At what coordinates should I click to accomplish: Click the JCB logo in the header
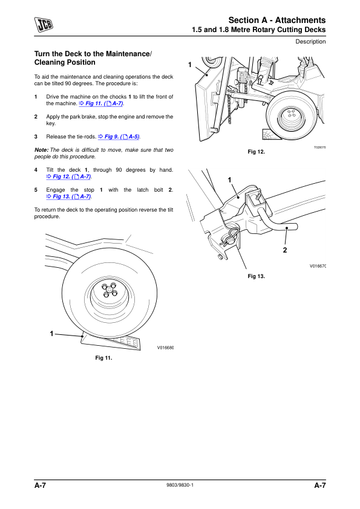[44, 25]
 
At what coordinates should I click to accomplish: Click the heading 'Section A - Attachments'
[277, 20]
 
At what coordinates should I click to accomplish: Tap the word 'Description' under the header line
[310, 42]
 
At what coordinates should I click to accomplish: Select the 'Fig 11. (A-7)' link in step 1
[101, 103]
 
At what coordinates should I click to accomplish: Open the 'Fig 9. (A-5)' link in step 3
[119, 137]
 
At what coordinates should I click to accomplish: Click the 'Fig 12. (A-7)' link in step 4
[68, 177]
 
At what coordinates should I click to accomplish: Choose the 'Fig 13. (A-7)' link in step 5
[68, 196]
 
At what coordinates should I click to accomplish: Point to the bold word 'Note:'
[41, 150]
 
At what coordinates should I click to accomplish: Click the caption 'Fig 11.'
[103, 358]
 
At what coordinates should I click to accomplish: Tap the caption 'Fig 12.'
[257, 152]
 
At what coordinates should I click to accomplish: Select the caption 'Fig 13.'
[257, 276]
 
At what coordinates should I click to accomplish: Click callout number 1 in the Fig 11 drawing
[51, 334]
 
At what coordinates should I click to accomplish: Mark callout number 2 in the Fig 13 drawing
[285, 250]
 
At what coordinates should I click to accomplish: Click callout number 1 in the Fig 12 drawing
[190, 65]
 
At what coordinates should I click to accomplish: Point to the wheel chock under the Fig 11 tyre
[111, 342]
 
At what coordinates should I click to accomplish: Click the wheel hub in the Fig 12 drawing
[292, 115]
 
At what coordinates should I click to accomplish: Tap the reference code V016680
[166, 348]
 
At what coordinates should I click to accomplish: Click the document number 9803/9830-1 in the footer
[180, 485]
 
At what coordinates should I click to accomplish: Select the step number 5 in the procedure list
[36, 190]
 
